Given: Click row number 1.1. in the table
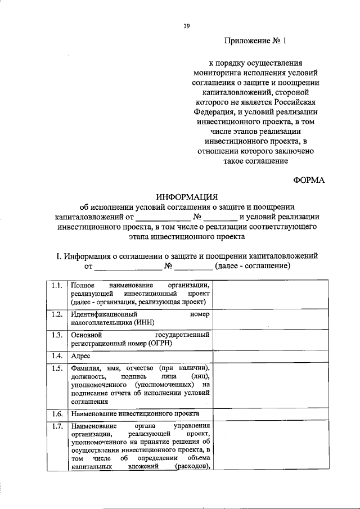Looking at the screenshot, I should point(55,286).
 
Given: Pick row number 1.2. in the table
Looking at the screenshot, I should point(55,314).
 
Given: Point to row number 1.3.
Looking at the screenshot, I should point(55,335).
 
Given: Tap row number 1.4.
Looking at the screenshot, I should point(55,356).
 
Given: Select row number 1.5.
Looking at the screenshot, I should point(55,368).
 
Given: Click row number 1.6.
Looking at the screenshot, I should point(55,413).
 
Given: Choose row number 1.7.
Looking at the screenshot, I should point(55,426).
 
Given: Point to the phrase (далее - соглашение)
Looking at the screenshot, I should point(249,265).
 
